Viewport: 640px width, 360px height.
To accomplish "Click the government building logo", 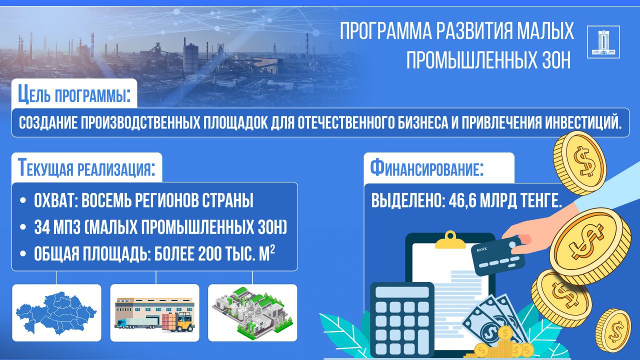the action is (603, 41).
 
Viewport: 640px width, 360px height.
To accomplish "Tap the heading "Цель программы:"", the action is (74, 94).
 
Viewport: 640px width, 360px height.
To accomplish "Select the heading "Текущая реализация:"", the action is (86, 168).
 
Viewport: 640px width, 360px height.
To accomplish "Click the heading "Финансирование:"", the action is (427, 168).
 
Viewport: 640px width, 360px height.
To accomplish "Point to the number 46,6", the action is (461, 201).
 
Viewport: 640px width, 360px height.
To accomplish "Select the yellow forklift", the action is (183, 322).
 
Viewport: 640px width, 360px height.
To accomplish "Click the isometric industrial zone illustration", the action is (252, 313).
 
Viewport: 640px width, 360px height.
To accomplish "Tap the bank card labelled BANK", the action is (498, 255).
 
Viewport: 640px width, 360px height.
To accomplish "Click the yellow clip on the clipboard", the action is (450, 240).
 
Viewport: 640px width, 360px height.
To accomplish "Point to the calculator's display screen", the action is (402, 292).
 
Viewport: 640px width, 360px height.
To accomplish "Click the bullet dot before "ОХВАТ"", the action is (23, 201).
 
